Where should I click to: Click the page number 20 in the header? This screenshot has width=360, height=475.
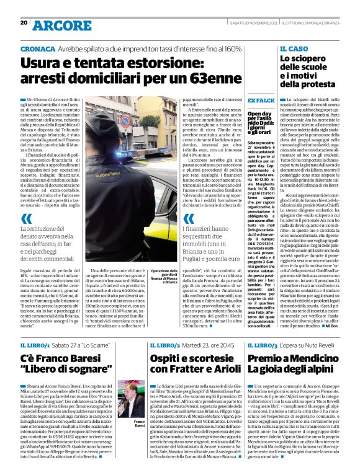tap(24, 23)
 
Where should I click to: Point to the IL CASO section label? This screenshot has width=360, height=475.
tap(294, 48)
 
